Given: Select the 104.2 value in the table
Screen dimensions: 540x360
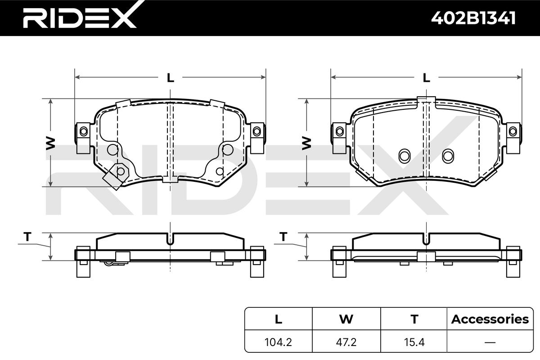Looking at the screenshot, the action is (x=278, y=342).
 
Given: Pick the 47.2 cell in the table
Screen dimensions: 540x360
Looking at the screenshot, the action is (x=346, y=342).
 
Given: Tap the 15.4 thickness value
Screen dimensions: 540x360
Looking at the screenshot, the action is (x=414, y=342).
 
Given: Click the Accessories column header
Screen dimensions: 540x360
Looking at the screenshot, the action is (x=490, y=319).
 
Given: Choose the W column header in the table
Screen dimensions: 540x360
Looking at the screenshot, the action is (x=346, y=319).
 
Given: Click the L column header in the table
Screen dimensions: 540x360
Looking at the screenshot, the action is (x=279, y=319).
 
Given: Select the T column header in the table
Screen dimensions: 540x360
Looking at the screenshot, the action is (x=414, y=319).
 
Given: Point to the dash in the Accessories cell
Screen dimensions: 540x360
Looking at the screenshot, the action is (x=490, y=342).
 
